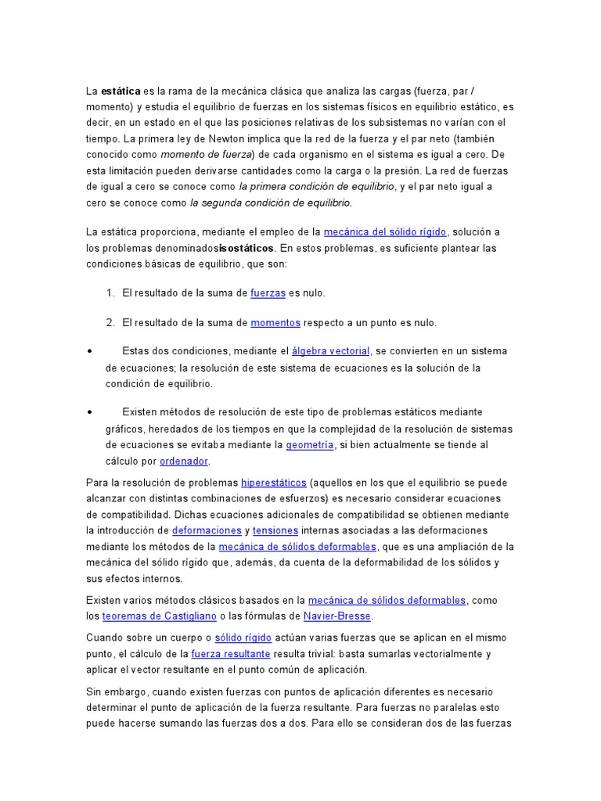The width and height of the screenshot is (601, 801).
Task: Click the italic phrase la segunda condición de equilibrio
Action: tap(271, 203)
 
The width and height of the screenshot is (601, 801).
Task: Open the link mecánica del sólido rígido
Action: tap(385, 232)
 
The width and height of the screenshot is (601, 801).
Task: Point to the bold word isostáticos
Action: tap(247, 248)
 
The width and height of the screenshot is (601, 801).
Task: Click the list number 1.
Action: tap(109, 293)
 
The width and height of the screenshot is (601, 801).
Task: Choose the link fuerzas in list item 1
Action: tap(268, 293)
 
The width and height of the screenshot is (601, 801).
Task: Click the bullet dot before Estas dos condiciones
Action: tap(91, 351)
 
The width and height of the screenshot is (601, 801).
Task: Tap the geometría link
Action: tap(310, 444)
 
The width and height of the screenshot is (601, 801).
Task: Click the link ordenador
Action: tap(184, 461)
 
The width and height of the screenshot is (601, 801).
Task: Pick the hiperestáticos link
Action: tap(275, 482)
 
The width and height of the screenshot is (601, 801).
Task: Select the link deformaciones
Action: tap(207, 530)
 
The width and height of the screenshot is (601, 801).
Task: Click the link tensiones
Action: tap(271, 530)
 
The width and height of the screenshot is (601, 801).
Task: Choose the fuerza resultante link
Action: tap(231, 653)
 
